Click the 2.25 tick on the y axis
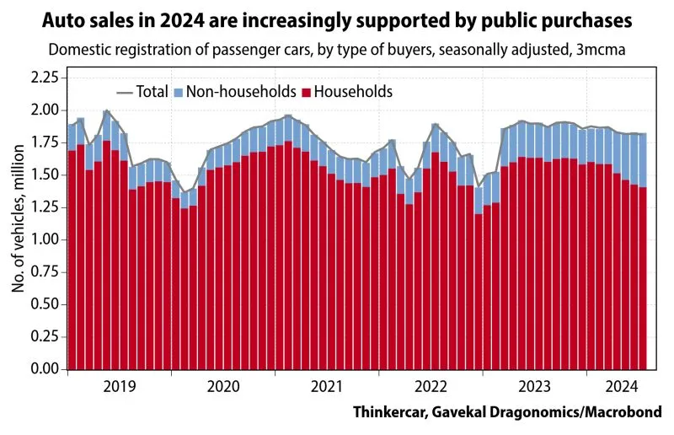[x=45, y=78]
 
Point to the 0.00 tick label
[x=45, y=369]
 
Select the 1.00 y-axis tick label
[x=45, y=239]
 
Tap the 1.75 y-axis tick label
[x=45, y=142]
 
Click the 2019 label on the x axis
[x=120, y=387]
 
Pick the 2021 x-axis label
[x=327, y=387]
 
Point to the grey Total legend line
[x=127, y=91]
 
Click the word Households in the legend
[x=353, y=91]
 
